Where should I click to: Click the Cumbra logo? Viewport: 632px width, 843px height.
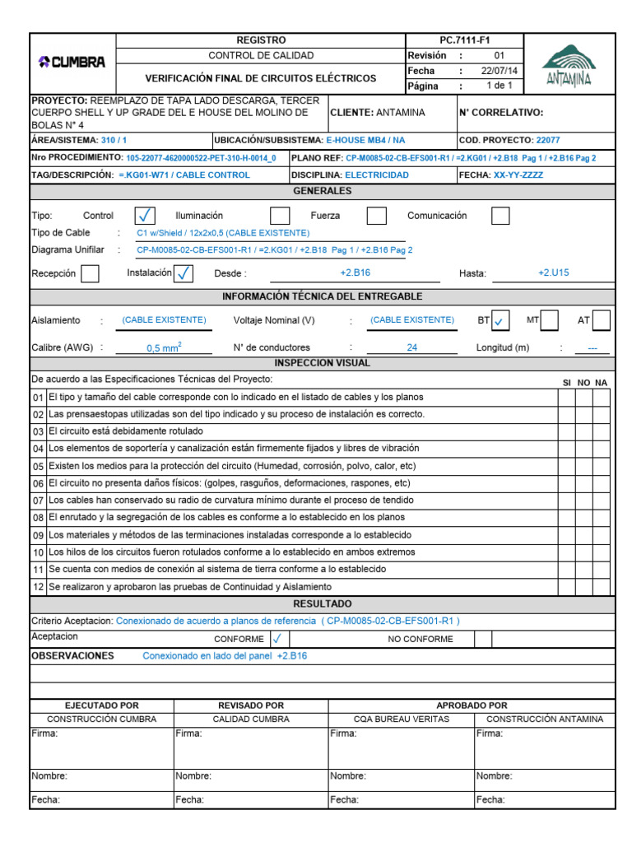72,63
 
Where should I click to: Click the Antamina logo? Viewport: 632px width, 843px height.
569,65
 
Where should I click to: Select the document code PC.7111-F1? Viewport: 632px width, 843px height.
464,40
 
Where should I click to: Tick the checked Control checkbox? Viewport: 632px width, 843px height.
145,216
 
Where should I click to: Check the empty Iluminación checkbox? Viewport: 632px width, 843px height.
280,216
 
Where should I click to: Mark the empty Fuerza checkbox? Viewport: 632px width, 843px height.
376,216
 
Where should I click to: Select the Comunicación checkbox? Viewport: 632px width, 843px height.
500,216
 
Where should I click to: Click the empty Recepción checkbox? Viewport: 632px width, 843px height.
91,273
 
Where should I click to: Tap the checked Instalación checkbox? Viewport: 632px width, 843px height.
184,273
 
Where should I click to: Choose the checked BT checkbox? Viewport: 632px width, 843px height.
501,320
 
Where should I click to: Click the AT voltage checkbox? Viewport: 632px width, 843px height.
601,320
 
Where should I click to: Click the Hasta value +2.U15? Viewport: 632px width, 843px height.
553,272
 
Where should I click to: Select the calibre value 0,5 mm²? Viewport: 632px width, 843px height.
164,347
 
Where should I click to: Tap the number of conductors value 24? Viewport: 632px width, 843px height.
411,347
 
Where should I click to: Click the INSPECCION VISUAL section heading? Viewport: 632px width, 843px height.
322,363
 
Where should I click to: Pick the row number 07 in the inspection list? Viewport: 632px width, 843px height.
38,501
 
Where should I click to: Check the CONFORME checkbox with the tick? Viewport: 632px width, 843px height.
277,638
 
